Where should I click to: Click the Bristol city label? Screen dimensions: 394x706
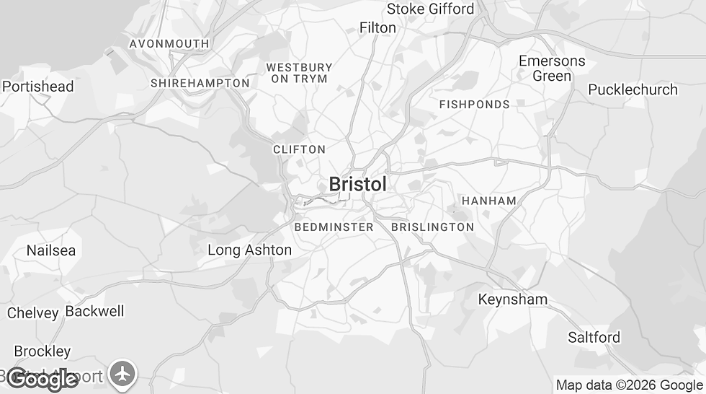tap(357, 184)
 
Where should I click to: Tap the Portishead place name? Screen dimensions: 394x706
tap(37, 87)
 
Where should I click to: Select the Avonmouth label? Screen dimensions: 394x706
tap(169, 44)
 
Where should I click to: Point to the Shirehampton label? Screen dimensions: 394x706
tap(200, 83)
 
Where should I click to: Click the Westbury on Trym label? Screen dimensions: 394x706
tap(299, 73)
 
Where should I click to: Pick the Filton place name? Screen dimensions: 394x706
tap(377, 27)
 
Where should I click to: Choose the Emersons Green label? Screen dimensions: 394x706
tap(552, 69)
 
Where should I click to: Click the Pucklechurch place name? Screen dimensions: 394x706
tap(633, 89)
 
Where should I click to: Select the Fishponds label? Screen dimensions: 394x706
tap(474, 105)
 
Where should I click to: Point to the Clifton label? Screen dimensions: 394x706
tap(299, 149)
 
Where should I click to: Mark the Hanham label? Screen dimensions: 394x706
tap(488, 201)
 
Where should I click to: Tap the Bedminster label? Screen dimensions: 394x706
tap(334, 227)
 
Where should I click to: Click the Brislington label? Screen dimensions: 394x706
tap(432, 227)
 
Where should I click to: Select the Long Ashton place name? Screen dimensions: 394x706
tap(249, 250)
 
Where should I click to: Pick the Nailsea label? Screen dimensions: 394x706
tap(50, 250)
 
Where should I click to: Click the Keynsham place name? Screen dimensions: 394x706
tap(512, 299)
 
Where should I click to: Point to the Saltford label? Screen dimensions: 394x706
tap(594, 337)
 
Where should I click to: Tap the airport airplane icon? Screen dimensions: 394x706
tap(124, 374)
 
